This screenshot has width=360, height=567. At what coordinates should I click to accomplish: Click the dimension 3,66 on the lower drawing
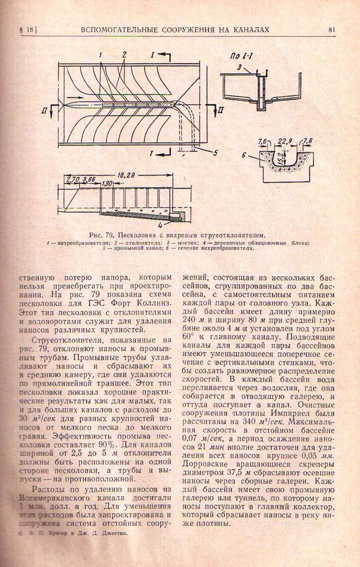[89, 180]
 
